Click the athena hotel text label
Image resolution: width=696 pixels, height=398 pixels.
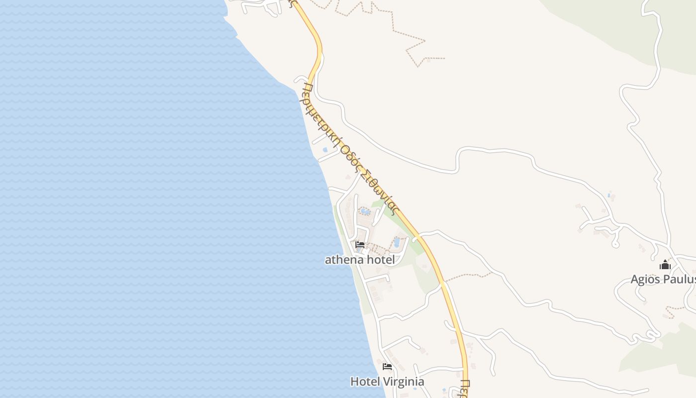click(359, 260)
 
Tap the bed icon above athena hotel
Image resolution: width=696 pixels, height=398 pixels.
click(360, 244)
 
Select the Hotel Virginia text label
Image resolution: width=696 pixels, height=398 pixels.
click(387, 382)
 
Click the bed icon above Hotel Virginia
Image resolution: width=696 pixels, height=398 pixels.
click(387, 367)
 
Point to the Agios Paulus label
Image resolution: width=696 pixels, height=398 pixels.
click(663, 279)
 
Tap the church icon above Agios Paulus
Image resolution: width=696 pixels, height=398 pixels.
click(665, 265)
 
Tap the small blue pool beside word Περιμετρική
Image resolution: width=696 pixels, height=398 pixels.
click(325, 149)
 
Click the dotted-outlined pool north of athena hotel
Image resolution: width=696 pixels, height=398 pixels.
click(365, 212)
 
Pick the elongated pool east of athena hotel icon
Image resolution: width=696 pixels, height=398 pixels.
click(397, 242)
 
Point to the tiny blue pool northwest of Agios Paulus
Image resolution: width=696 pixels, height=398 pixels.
click(609, 195)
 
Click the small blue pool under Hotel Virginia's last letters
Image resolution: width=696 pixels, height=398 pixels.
click(415, 389)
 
